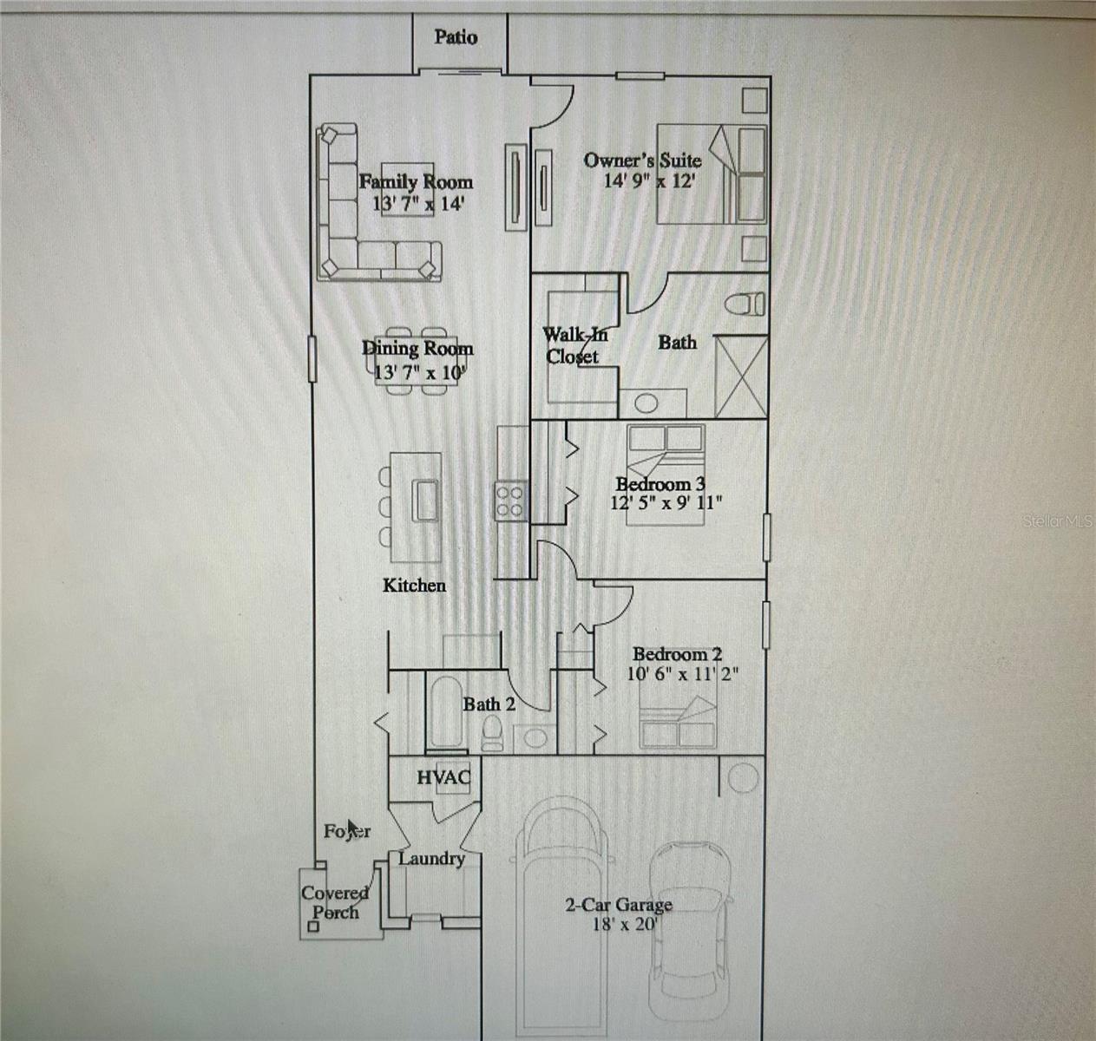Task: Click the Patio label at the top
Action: point(456,37)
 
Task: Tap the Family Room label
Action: point(416,181)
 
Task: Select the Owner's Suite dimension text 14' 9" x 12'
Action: point(650,181)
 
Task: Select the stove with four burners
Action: point(509,501)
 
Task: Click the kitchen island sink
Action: point(425,499)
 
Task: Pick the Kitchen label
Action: point(414,586)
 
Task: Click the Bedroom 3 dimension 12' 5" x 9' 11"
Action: point(666,502)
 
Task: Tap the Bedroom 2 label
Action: point(677,654)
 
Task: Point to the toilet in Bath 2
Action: point(492,732)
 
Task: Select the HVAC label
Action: point(443,777)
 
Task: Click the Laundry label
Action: point(431,859)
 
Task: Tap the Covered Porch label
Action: point(335,902)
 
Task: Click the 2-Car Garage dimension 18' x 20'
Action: point(623,925)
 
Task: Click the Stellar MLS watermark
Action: point(1058,521)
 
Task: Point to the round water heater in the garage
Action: point(742,778)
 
